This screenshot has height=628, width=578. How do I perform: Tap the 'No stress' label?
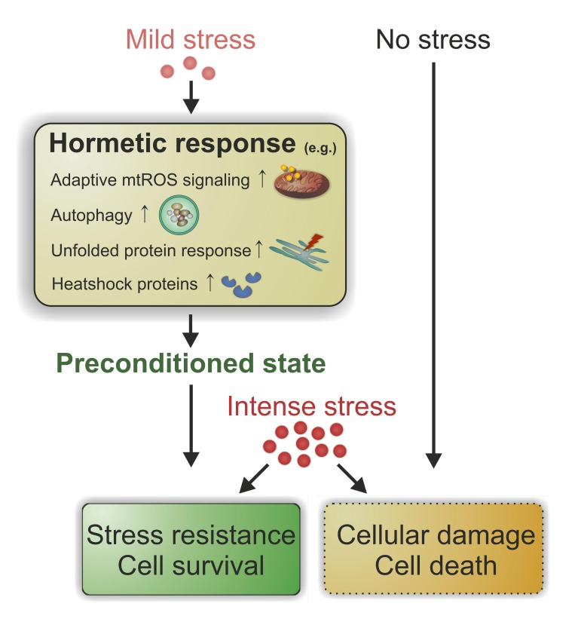pos(433,39)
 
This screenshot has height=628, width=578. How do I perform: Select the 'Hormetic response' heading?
pos(173,144)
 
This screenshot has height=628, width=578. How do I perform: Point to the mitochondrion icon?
pos(301,182)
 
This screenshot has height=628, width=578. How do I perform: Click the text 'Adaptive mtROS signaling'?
pos(148,181)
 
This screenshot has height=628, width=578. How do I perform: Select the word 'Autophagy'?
pos(88,216)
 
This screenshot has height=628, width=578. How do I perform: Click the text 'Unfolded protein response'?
pos(151,250)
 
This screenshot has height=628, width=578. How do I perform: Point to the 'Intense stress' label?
pos(311,406)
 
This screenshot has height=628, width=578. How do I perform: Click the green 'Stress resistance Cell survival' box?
pos(191,550)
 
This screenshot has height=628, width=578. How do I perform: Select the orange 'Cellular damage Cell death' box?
pos(436,550)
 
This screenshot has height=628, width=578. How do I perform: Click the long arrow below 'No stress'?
pos(433,264)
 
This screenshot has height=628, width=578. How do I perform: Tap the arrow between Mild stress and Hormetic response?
pos(191,95)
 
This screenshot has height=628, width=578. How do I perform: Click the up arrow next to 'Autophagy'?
pos(145,216)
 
